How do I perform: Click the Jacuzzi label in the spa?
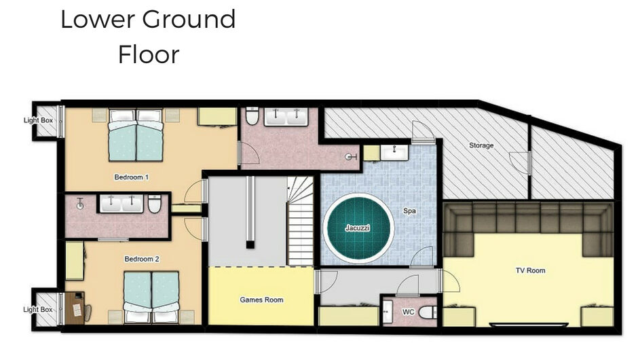[357, 228]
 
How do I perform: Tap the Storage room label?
[481, 145]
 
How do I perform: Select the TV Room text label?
[530, 270]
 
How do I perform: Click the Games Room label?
[261, 300]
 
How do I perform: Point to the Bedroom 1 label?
[132, 177]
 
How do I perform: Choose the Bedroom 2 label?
[142, 259]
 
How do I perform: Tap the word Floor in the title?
[149, 55]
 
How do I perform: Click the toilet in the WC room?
[427, 312]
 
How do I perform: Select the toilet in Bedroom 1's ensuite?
[252, 115]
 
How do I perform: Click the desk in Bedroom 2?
[74, 308]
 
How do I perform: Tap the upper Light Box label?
[38, 120]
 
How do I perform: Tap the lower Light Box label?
[38, 310]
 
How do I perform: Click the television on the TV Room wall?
[529, 325]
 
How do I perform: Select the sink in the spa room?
[394, 153]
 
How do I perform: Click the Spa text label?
[409, 211]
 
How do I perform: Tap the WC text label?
[408, 312]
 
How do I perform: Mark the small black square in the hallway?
[250, 245]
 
